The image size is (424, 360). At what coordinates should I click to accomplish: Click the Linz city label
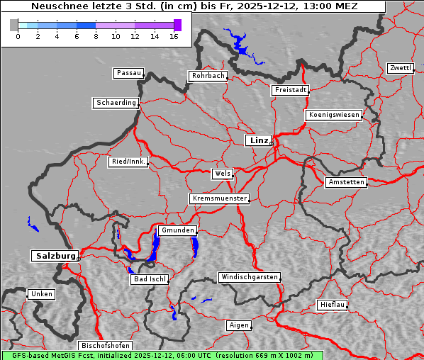(x=259, y=140)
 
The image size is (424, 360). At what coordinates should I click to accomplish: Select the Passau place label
(x=128, y=73)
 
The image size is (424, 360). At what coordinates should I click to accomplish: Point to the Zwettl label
(x=400, y=68)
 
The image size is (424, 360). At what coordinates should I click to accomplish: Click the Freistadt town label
(x=290, y=90)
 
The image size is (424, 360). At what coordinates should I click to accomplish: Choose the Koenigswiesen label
(x=334, y=115)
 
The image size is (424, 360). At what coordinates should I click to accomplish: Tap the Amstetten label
(x=346, y=182)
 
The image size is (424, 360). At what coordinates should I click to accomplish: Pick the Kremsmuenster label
(x=219, y=198)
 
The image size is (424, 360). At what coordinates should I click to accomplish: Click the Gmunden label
(x=177, y=230)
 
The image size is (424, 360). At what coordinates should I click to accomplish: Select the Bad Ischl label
(x=150, y=279)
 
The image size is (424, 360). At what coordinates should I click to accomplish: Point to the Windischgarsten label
(x=248, y=277)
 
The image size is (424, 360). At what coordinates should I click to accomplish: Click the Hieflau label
(x=333, y=305)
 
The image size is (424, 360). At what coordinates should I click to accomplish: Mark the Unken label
(x=41, y=293)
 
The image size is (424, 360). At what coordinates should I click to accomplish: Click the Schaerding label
(x=116, y=103)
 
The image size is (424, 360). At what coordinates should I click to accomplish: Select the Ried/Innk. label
(x=128, y=162)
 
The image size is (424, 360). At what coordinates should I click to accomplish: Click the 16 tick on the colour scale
(x=173, y=35)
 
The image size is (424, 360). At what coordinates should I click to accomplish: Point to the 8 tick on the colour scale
(x=96, y=35)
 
